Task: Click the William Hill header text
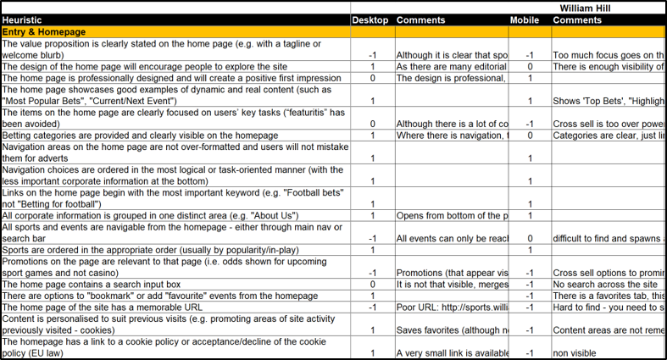pos(592,7)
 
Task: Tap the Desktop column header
pos(370,19)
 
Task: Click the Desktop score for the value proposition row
pos(372,55)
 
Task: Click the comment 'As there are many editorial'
pos(451,67)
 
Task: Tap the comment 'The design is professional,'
pos(451,79)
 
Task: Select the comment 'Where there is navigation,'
pos(451,136)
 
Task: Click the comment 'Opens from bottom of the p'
pos(451,216)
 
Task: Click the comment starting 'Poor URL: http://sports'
pos(451,307)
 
